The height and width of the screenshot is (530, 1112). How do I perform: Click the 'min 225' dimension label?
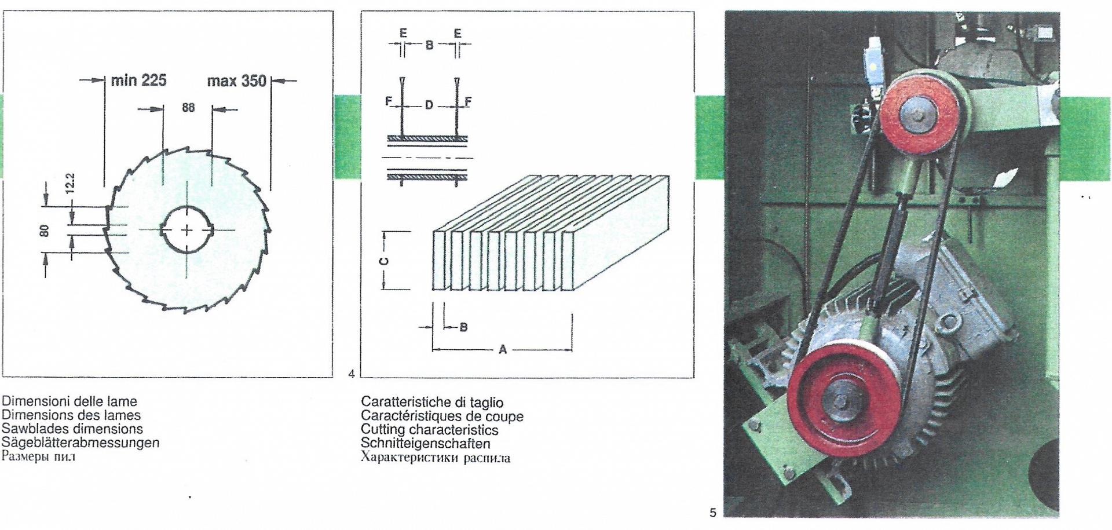138,81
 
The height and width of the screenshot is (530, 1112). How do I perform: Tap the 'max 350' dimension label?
237,81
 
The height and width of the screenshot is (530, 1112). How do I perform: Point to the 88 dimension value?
188,107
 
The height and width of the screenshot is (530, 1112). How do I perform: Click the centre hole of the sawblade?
187,230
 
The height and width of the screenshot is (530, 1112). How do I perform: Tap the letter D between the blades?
429,105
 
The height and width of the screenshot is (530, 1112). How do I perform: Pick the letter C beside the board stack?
384,261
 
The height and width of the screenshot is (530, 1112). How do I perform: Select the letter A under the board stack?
503,349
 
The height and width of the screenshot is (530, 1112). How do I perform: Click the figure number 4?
351,374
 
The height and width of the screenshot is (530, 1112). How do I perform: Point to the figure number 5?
713,513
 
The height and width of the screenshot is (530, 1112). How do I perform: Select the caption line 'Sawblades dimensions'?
72,429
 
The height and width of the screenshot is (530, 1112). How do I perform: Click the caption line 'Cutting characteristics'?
429,430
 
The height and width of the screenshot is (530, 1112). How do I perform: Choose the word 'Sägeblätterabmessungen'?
80,443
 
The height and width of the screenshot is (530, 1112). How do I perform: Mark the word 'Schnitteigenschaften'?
425,444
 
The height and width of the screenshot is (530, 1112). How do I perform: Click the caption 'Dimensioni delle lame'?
69,401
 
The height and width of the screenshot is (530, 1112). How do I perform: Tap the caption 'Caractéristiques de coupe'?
442,416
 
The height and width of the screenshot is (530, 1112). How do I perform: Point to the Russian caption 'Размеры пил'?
39,456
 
